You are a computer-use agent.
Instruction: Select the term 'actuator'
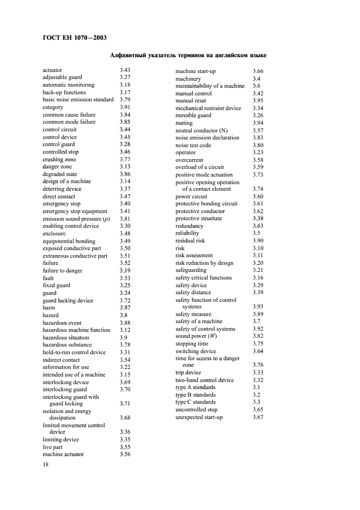(x=52, y=70)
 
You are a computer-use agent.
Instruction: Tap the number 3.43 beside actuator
(x=125, y=70)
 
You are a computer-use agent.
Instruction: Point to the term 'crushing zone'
(x=59, y=159)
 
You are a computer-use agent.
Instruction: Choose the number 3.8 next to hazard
(x=124, y=315)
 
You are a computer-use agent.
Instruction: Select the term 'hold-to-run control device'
(x=74, y=352)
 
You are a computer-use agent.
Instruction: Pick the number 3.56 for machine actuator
(x=125, y=454)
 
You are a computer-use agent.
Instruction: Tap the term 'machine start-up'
(x=196, y=71)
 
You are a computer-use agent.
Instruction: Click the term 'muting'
(x=184, y=123)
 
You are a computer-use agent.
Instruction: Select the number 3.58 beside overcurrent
(x=258, y=160)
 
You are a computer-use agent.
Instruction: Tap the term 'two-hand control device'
(x=204, y=380)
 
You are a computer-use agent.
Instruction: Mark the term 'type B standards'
(x=196, y=394)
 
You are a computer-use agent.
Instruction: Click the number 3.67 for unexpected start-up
(x=258, y=417)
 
